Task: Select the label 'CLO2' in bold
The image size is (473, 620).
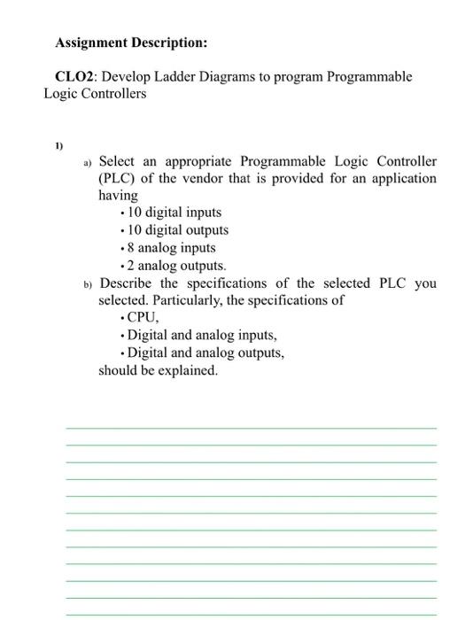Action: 73,77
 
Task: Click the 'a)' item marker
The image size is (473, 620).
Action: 88,162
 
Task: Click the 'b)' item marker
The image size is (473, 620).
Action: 88,284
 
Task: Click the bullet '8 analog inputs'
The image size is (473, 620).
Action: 171,248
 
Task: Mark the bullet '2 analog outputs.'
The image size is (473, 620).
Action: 176,266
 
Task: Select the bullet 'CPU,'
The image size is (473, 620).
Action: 144,318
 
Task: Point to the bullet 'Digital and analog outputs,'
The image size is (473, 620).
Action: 205,353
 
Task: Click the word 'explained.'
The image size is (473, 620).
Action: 187,370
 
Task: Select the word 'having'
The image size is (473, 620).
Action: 118,195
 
